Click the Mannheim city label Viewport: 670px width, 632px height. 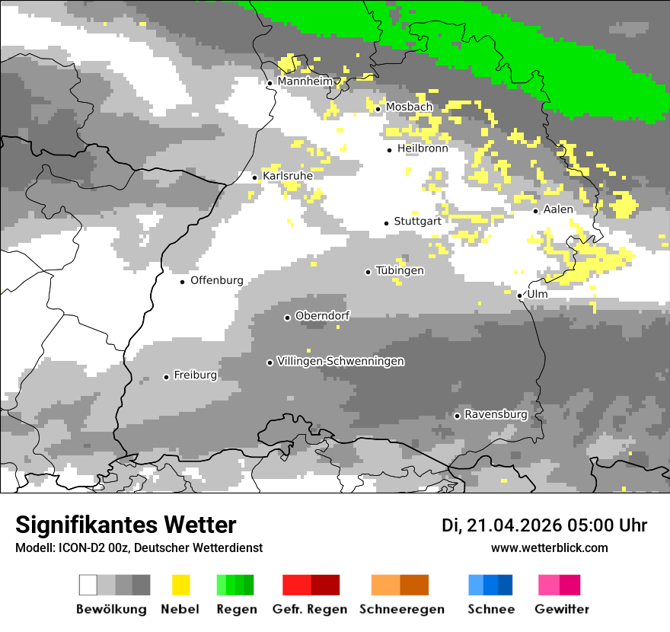click(x=305, y=81)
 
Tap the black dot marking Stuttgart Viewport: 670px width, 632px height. click(x=386, y=223)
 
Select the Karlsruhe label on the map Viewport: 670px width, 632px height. click(x=288, y=176)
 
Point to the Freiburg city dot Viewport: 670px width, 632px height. click(x=166, y=377)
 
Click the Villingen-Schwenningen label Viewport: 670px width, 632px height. click(x=340, y=361)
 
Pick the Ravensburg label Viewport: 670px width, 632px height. click(x=496, y=414)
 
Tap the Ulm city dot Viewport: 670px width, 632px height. click(x=519, y=295)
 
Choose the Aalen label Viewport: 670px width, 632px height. click(x=558, y=209)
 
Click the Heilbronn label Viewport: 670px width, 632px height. click(x=423, y=148)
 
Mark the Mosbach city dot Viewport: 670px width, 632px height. click(x=378, y=109)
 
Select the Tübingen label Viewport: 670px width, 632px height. click(x=400, y=270)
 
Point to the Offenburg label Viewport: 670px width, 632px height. click(x=217, y=280)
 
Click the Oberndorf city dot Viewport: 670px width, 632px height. click(x=287, y=318)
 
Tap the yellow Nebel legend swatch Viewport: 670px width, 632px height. click(x=181, y=585)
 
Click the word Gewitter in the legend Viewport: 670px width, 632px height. click(x=562, y=609)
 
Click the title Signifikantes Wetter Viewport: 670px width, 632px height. click(x=126, y=525)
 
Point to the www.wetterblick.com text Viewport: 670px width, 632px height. click(x=550, y=547)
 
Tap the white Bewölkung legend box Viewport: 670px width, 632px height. click(x=88, y=585)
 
